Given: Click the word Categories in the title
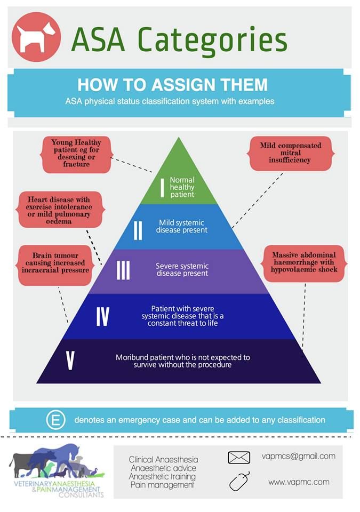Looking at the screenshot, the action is click(212, 41).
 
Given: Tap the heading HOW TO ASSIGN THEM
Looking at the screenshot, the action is click(172, 85).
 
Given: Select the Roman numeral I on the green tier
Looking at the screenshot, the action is click(162, 187).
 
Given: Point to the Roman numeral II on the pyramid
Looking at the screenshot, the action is click(138, 230).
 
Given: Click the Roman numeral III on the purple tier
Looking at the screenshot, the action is click(123, 270).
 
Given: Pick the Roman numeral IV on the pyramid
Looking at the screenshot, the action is click(102, 316).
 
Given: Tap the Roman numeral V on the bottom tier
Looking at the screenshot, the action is click(70, 361).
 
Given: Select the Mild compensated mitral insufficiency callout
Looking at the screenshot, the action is click(291, 153).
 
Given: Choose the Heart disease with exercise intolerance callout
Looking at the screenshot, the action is click(59, 210).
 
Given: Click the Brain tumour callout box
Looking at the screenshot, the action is click(55, 265).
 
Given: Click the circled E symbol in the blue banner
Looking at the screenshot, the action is click(55, 420).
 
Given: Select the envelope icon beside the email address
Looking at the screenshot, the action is click(239, 458).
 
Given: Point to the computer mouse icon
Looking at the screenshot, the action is click(239, 481).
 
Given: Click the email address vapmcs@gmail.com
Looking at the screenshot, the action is click(299, 456).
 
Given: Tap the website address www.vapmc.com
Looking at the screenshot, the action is click(299, 482).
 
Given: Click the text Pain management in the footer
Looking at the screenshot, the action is click(162, 485).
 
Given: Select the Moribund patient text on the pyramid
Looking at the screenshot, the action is click(182, 361).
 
